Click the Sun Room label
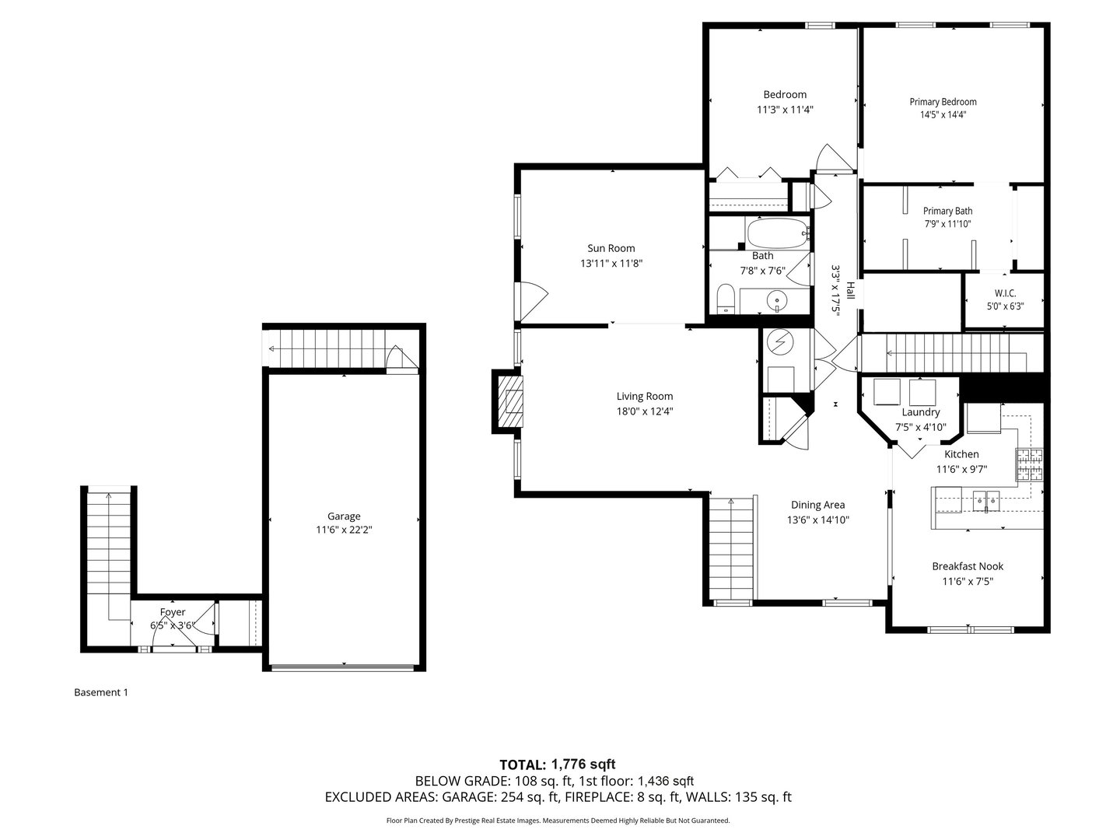tap(611, 248)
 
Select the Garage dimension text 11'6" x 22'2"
tap(344, 530)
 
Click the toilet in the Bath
tap(725, 299)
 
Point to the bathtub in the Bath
tap(778, 232)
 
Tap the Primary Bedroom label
tap(943, 102)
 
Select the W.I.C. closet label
tap(1005, 293)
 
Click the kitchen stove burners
tap(1028, 465)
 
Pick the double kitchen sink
tap(985, 499)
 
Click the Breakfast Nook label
tap(968, 566)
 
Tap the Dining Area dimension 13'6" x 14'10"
tap(817, 520)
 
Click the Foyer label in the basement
tap(173, 612)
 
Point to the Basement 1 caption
tap(101, 692)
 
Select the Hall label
tap(850, 291)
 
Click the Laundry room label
tap(921, 412)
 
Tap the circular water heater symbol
tap(779, 342)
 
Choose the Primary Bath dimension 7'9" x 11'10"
tap(947, 224)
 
